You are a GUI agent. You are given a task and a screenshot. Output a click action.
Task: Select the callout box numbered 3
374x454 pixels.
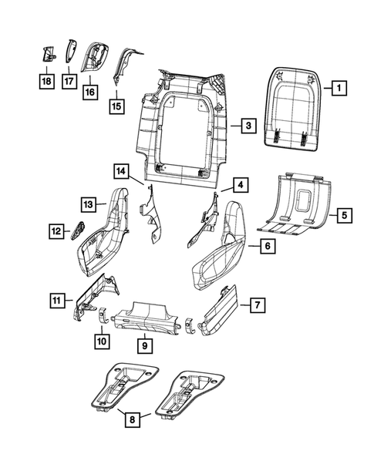point(246,126)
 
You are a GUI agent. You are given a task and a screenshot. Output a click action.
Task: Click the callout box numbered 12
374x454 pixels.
point(56,229)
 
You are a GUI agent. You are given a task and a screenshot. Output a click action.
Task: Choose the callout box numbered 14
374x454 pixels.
point(120,170)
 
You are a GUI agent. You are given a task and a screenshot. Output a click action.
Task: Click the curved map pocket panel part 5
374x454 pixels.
point(297,204)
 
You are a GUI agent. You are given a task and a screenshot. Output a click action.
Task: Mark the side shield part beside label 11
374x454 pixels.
point(102,298)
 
